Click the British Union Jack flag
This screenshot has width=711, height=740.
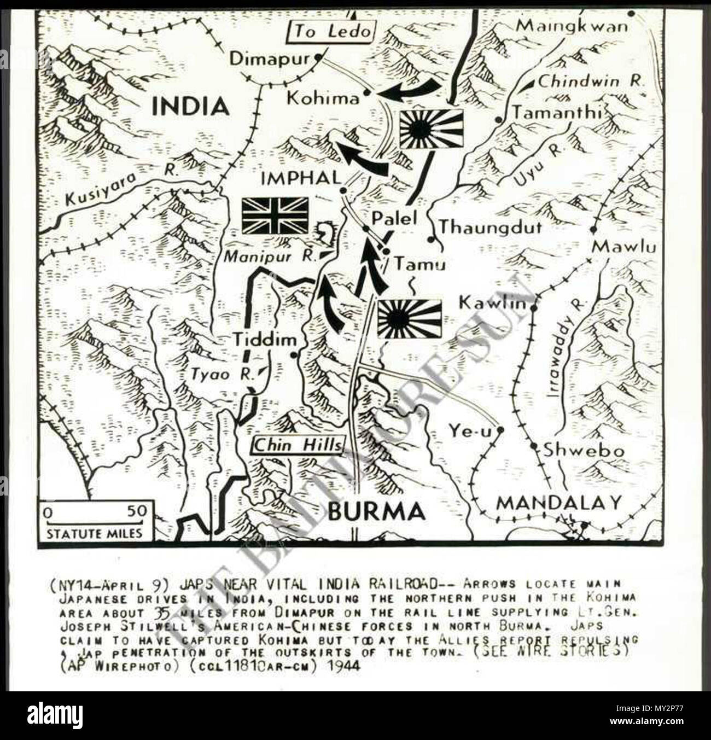275,215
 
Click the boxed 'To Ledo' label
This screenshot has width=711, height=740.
330,32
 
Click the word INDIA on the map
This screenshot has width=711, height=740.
189,106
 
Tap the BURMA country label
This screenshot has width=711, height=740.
376,511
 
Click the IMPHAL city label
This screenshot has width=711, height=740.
301,177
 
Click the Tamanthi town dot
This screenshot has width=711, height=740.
498,119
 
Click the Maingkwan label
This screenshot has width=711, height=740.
572,26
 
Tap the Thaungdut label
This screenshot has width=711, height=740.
491,226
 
